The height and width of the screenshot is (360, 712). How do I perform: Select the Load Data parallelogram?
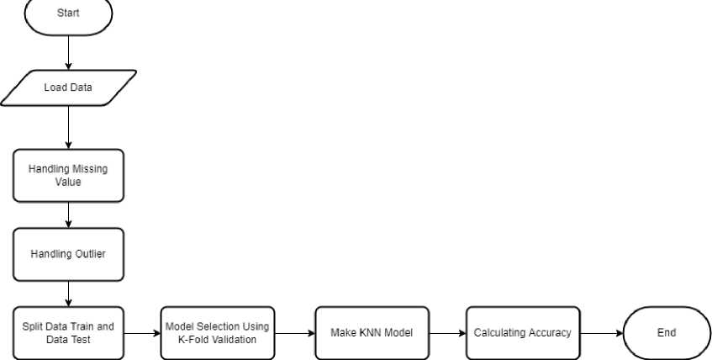click(x=68, y=87)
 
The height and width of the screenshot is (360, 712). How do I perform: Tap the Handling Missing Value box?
click(x=68, y=176)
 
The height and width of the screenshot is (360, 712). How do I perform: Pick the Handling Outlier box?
click(x=68, y=254)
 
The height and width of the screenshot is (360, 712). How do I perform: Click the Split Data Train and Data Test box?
click(x=68, y=333)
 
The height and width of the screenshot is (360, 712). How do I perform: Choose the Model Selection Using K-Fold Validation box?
click(x=218, y=333)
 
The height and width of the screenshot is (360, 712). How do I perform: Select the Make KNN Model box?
click(x=372, y=333)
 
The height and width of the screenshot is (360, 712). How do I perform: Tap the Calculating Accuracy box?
click(x=523, y=333)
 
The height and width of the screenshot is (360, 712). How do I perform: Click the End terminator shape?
click(x=667, y=333)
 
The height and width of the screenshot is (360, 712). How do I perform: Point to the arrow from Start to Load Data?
click(x=68, y=53)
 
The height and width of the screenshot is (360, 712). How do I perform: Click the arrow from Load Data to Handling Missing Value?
click(x=68, y=127)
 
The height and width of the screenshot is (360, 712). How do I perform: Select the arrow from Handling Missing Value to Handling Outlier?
click(x=68, y=215)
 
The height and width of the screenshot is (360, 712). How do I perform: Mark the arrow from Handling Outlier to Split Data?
click(x=68, y=294)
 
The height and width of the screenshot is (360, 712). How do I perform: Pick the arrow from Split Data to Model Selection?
click(x=142, y=333)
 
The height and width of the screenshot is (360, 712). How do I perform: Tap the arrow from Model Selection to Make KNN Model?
click(x=295, y=333)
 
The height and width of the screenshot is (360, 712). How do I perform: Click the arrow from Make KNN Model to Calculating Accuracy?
click(x=448, y=333)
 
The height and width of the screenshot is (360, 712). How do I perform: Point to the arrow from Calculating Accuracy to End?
click(x=602, y=333)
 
